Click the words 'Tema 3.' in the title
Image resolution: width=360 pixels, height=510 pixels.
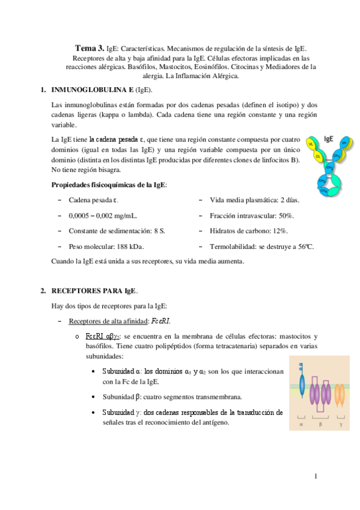pos(89,47)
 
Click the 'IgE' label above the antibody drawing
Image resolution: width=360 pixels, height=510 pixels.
pos(329,138)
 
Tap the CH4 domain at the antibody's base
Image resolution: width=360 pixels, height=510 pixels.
pos(325,190)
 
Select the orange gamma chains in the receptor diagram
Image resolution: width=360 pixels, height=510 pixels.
pos(340,397)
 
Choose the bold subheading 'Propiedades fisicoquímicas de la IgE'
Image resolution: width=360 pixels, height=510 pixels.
pos(109,184)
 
